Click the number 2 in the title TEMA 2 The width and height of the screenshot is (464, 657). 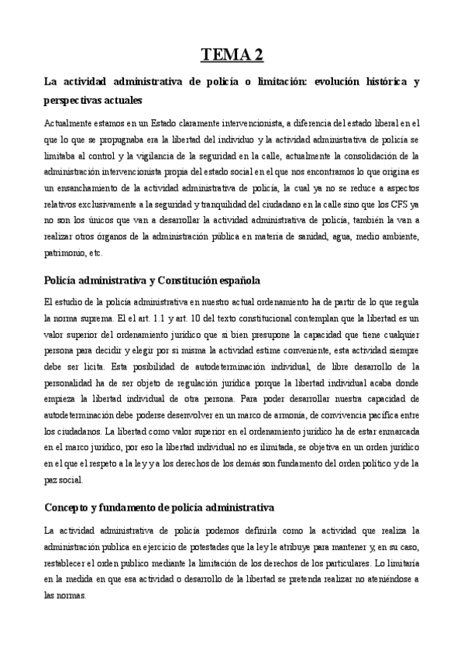256,54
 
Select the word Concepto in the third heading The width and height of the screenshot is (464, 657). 68,507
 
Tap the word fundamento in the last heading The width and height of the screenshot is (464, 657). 132,507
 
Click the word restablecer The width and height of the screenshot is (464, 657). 70,565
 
